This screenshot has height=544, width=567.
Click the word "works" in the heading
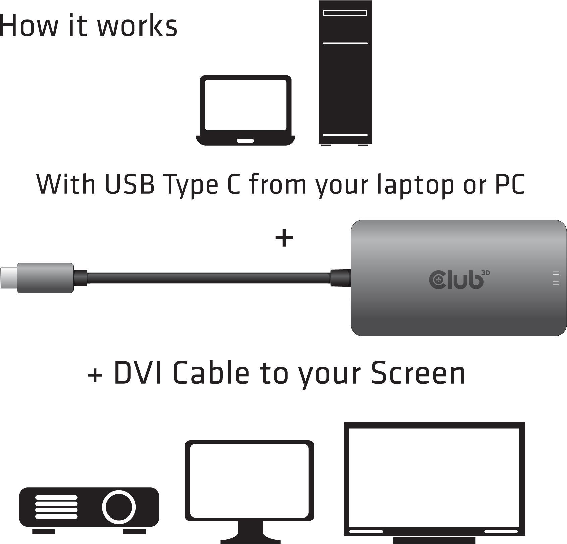(137, 25)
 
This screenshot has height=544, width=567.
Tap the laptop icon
(245, 110)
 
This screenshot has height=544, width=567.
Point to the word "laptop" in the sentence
(415, 185)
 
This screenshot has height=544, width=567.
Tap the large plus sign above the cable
(284, 238)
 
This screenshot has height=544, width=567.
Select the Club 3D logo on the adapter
(459, 279)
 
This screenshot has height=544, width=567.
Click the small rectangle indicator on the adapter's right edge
(556, 278)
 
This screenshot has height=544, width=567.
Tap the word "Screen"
(418, 373)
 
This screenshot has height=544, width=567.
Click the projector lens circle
(119, 506)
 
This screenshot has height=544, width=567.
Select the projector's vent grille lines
(56, 506)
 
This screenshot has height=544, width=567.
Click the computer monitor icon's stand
(250, 534)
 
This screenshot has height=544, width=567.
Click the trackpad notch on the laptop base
(245, 140)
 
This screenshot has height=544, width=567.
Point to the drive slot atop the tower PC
(345, 13)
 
